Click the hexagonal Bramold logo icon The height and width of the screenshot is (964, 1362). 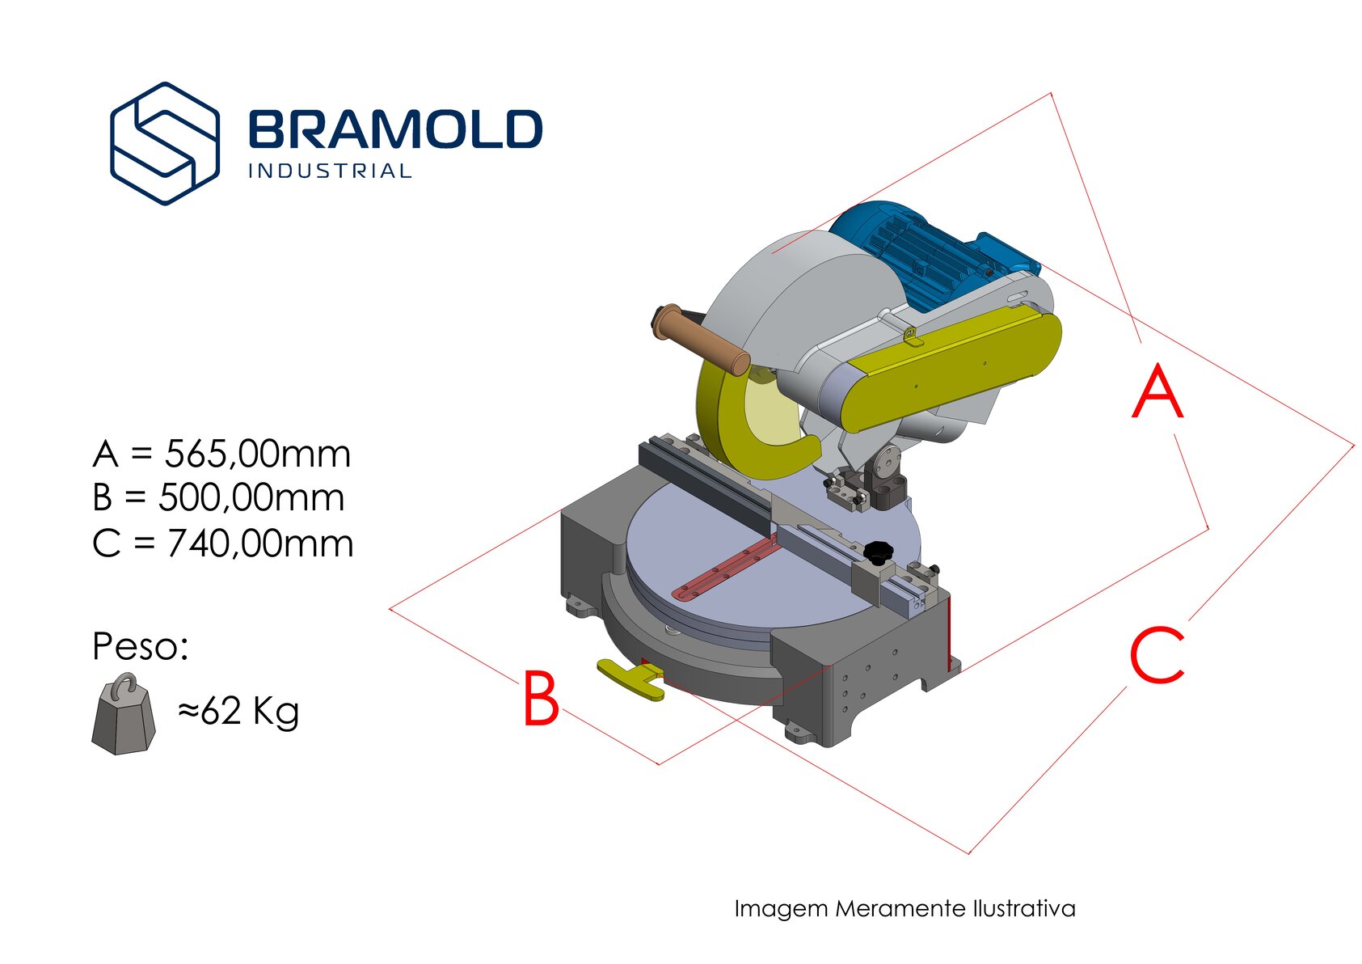pos(164,143)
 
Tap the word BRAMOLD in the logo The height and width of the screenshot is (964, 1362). pos(395,129)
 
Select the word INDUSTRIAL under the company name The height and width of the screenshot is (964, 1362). pos(330,171)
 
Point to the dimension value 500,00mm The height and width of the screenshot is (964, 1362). pos(251,498)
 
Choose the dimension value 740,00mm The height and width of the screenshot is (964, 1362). pos(260,543)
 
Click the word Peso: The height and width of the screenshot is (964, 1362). pos(140,646)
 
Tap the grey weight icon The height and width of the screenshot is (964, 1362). pos(124,714)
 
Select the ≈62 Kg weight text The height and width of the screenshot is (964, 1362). pos(238,711)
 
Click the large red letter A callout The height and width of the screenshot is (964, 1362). pos(1157,391)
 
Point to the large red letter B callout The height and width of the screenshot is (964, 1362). pos(541,698)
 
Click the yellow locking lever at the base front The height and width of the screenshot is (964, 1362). pos(630,679)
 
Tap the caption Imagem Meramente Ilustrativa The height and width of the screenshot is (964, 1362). pos(904,909)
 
